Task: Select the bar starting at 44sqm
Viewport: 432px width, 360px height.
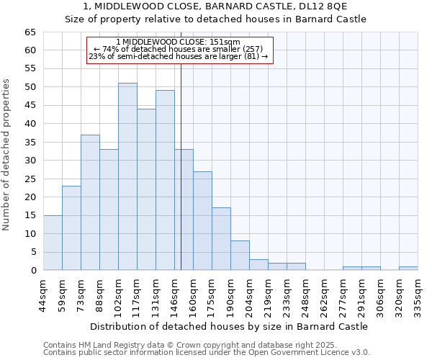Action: click(53, 243)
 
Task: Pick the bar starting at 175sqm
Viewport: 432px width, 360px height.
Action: click(221, 239)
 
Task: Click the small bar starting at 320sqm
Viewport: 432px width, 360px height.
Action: click(408, 268)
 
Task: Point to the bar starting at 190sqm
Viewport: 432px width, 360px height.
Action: click(240, 256)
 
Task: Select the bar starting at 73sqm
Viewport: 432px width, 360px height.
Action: click(90, 202)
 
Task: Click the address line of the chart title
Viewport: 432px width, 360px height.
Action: click(215, 6)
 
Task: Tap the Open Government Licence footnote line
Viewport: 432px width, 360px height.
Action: click(206, 353)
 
